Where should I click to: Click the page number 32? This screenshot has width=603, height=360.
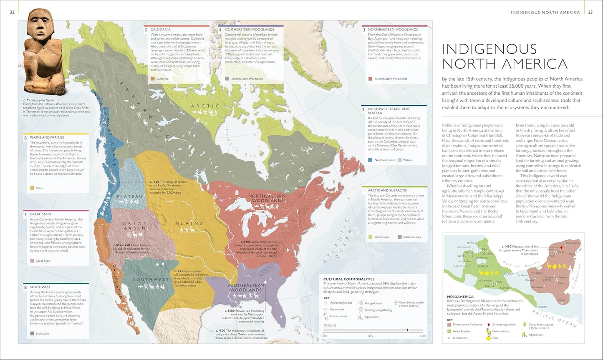point(12,12)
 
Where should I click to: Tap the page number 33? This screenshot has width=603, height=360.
point(590,12)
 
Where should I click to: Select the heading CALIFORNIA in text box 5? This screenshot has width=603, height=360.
point(161,30)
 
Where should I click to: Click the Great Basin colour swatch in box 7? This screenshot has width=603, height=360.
point(32,261)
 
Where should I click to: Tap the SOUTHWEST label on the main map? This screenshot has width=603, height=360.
point(151,279)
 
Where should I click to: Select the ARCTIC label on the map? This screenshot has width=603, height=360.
point(205,106)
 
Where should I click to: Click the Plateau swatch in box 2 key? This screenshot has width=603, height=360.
point(400,160)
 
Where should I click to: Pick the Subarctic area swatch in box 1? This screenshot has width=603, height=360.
point(400,237)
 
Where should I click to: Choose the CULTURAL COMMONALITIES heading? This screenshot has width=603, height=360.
point(349,279)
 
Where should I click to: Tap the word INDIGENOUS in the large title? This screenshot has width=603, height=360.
point(489,49)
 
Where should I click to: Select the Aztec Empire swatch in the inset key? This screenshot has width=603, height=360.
point(449,331)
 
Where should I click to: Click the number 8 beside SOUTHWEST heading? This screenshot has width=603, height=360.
point(25,287)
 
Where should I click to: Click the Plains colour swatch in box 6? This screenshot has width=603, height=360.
point(32,188)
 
